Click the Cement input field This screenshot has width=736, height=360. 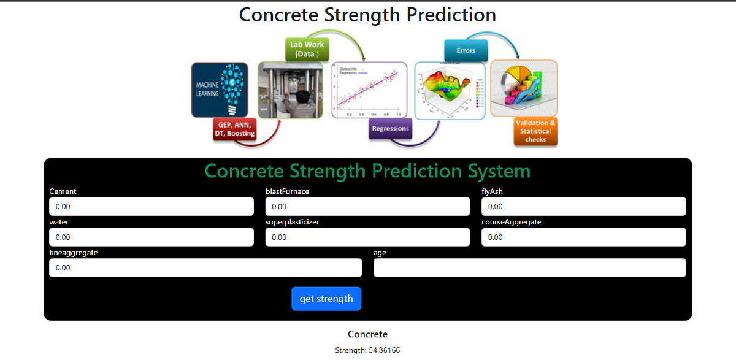[151, 207]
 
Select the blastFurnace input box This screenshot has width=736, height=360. [367, 207]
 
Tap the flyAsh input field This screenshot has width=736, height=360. [583, 207]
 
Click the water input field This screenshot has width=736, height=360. [151, 237]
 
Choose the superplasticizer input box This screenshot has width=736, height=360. [367, 237]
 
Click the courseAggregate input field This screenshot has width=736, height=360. [583, 237]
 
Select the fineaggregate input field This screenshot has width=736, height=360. [205, 267]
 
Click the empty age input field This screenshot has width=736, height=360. [529, 267]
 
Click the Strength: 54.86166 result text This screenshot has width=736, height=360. [367, 350]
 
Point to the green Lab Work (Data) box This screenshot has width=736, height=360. [307, 49]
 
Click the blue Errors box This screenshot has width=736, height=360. [466, 50]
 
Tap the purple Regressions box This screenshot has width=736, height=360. [390, 129]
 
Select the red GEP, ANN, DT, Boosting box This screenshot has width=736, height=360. [234, 129]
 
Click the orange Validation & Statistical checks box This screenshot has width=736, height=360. [535, 131]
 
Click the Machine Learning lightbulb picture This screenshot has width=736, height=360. [220, 90]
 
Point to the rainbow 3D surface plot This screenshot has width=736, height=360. [450, 90]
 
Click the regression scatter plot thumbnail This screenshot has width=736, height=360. [369, 90]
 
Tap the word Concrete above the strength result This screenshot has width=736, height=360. [367, 334]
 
